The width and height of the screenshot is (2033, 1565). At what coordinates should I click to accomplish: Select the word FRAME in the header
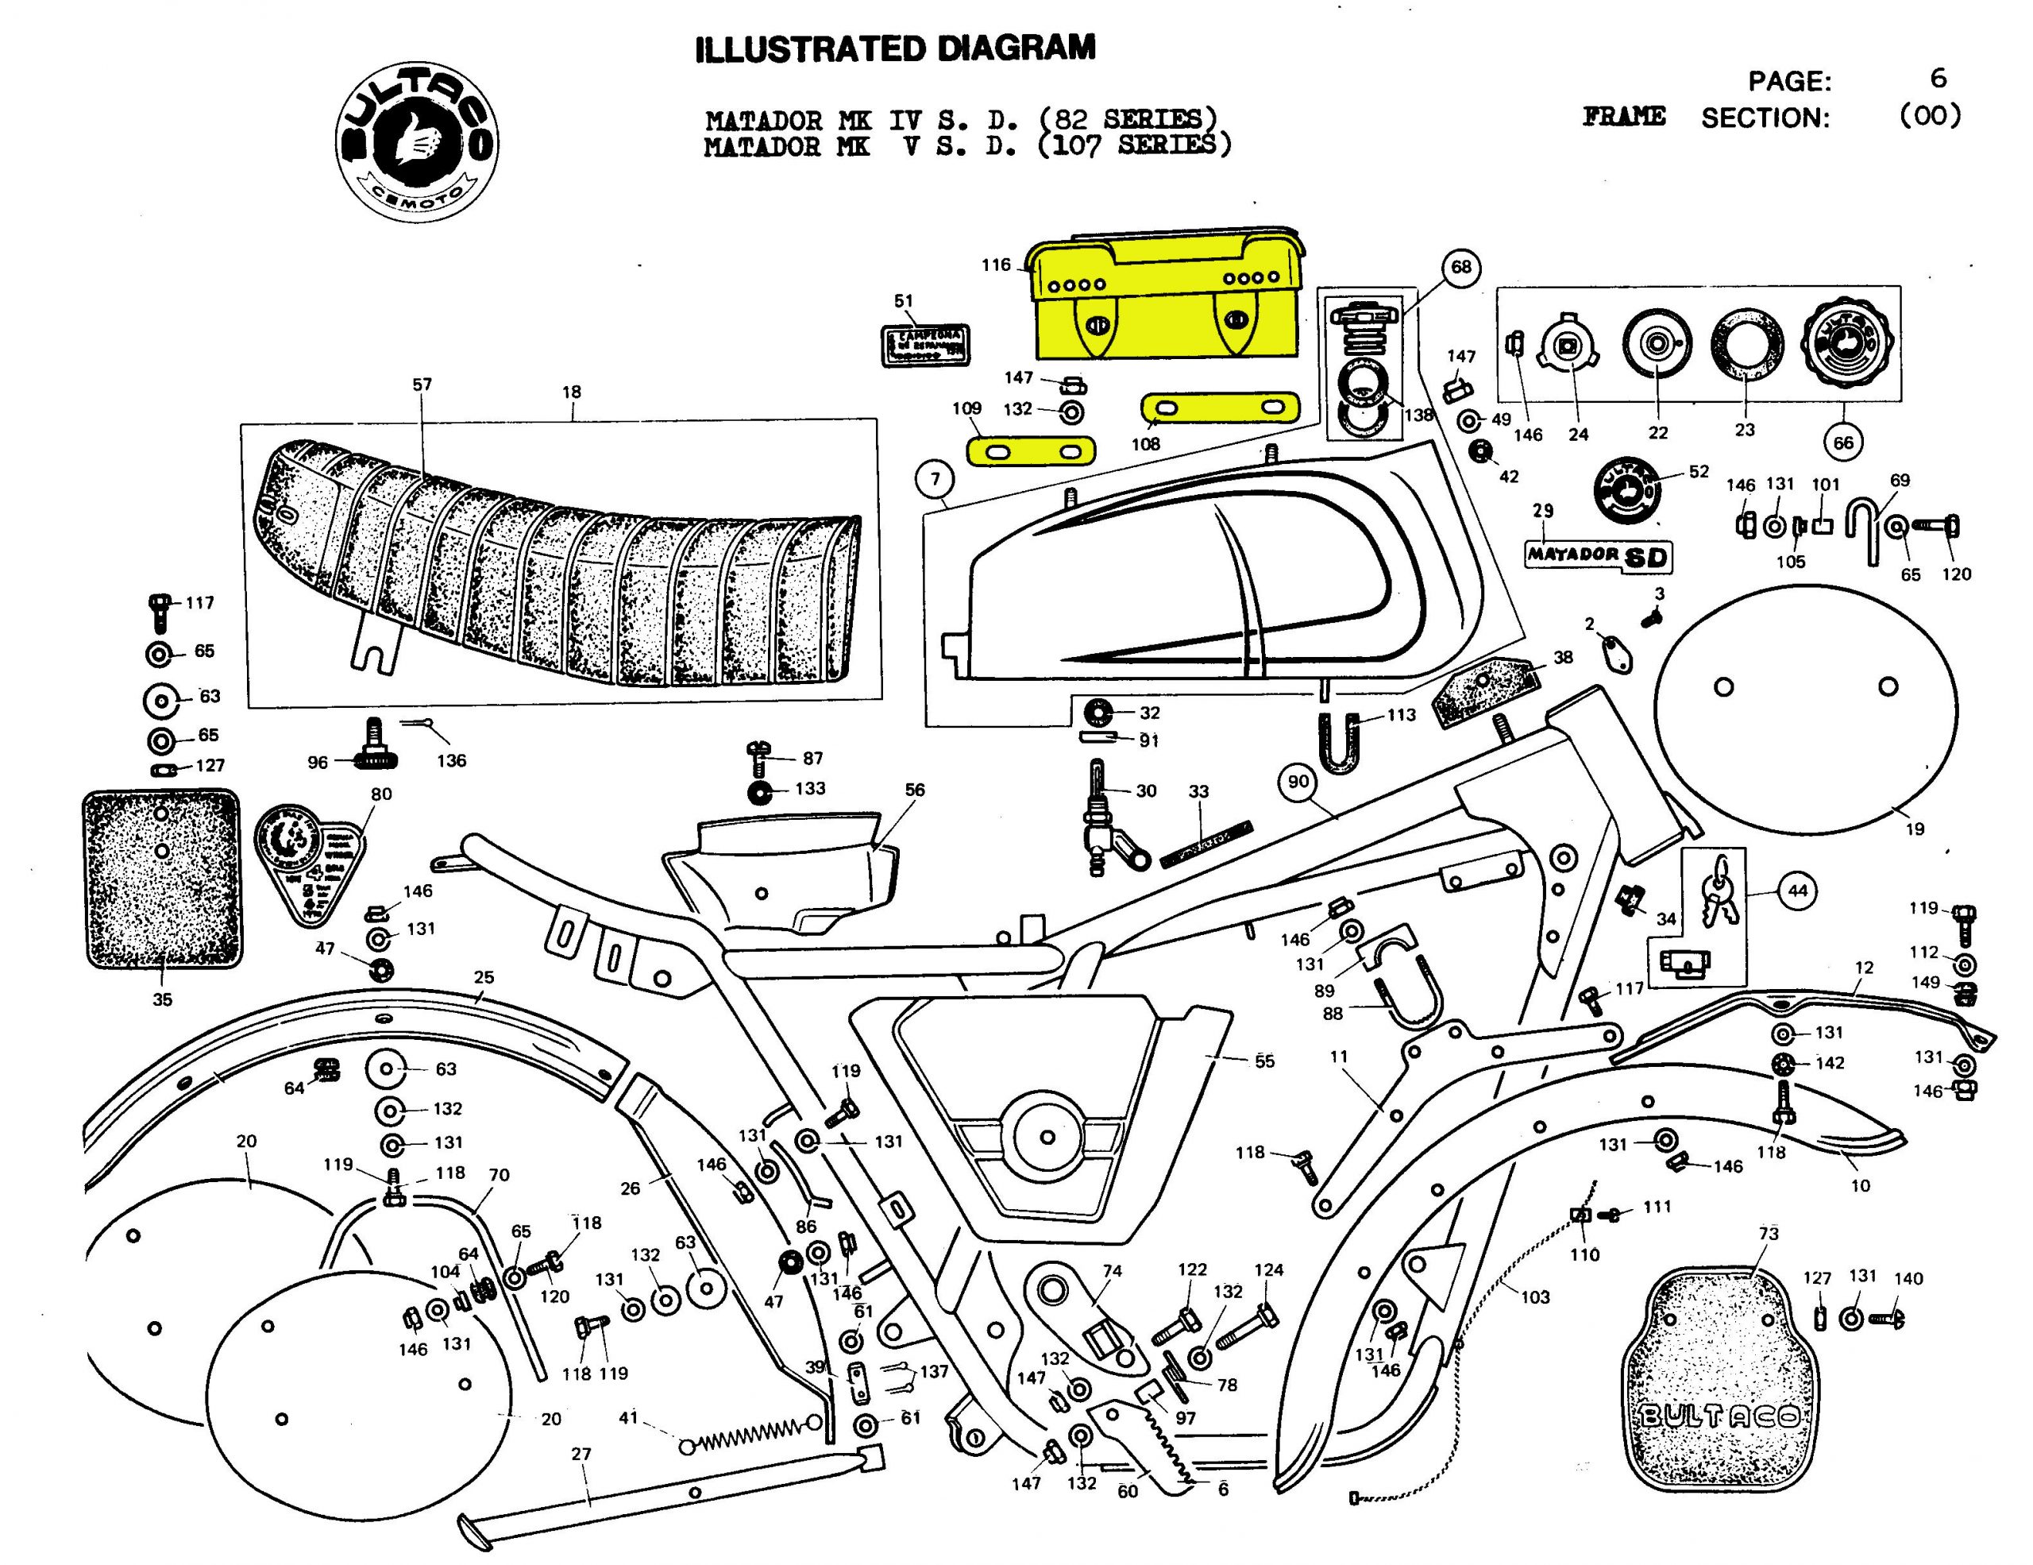[x=1624, y=118]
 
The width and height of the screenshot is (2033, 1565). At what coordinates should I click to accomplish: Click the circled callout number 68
[x=1461, y=267]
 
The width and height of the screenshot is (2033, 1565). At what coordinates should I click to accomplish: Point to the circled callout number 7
[x=935, y=480]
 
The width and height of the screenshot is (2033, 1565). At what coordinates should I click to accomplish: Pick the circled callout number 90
[x=1298, y=781]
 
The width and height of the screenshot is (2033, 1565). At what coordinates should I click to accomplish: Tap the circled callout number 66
[x=1844, y=442]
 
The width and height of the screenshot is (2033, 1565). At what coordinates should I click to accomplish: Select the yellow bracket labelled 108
[x=1220, y=407]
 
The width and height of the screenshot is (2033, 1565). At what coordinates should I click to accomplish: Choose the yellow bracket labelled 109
[x=1032, y=453]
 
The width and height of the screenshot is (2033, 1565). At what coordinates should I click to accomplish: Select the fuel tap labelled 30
[x=1103, y=820]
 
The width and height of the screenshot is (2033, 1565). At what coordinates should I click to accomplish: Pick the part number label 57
[x=422, y=384]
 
